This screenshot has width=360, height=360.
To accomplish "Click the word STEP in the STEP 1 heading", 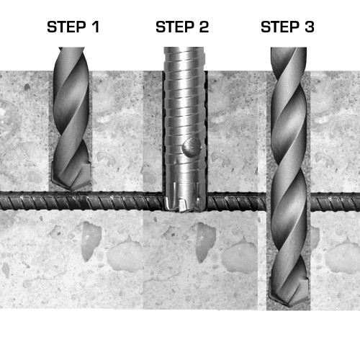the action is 66,27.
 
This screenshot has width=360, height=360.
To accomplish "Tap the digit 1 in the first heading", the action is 96,27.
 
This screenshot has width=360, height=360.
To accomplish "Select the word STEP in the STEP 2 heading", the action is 175,27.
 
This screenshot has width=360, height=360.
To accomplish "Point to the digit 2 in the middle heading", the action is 204,27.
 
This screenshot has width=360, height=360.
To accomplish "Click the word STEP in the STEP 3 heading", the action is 280,27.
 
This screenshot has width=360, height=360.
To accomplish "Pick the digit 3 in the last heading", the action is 310,27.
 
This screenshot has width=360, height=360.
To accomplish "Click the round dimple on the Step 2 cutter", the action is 192,147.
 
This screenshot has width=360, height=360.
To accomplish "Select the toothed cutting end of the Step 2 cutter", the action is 184,197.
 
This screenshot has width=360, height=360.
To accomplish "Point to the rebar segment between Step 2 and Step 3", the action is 237,202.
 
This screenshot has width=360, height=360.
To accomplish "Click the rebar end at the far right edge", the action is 358,202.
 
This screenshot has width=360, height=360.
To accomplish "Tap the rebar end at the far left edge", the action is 2,202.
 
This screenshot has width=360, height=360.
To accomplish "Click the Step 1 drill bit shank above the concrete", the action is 71,59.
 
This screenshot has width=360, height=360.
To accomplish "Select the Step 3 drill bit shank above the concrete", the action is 289,59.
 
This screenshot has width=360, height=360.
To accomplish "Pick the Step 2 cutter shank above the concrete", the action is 184,59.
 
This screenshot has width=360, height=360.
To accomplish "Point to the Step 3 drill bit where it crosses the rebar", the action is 289,202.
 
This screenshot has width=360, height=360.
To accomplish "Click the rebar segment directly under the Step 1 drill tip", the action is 71,202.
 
